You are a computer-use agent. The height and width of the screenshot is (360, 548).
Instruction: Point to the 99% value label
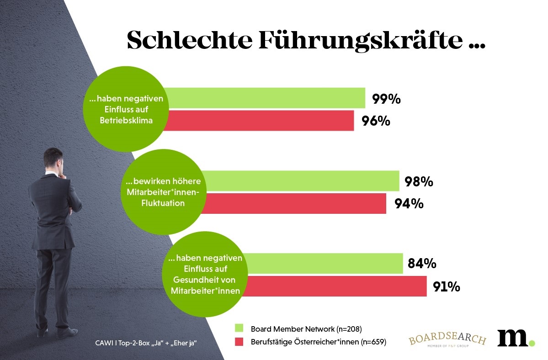(x=386, y=99)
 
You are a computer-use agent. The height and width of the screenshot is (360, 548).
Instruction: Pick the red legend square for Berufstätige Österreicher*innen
(x=239, y=342)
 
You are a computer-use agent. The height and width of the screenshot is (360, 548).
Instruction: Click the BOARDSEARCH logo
(x=447, y=340)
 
